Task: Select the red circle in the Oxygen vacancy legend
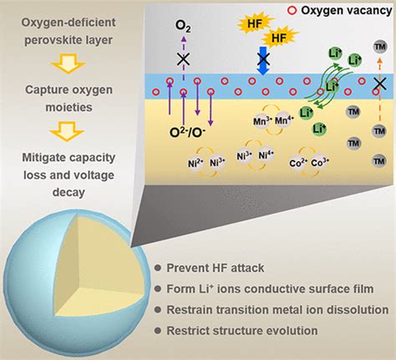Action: click(288, 11)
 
